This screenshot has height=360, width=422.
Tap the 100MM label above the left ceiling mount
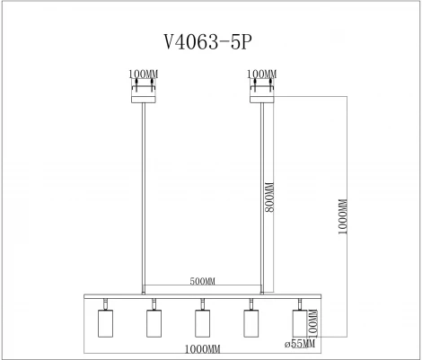pos(144,75)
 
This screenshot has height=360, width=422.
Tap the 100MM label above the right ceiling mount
pos(262,75)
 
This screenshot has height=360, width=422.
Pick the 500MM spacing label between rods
pos(203,281)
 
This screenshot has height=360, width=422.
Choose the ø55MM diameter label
pos(300,342)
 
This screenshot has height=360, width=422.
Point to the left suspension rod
pos(144,198)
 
